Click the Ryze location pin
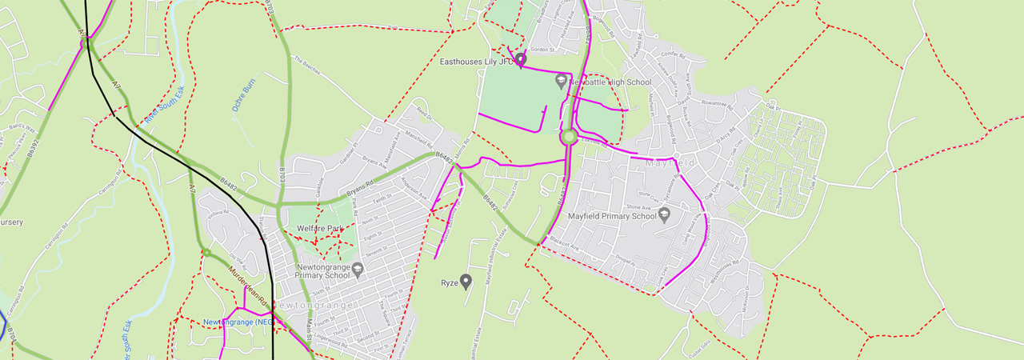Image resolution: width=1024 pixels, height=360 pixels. pyautogui.click(x=466, y=281)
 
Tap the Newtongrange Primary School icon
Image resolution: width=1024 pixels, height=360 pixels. pyautogui.click(x=358, y=270)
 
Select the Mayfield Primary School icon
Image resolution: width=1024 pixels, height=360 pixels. pyautogui.click(x=664, y=215)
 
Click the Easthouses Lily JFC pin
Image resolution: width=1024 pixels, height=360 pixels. pyautogui.click(x=521, y=59)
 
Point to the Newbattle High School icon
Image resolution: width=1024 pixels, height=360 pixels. pyautogui.click(x=561, y=81)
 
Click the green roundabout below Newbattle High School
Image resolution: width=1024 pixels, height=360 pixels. pyautogui.click(x=569, y=138)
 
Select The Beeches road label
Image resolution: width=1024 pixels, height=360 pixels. pyautogui.click(x=306, y=65)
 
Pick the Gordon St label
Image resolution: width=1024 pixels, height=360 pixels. pyautogui.click(x=542, y=50)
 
